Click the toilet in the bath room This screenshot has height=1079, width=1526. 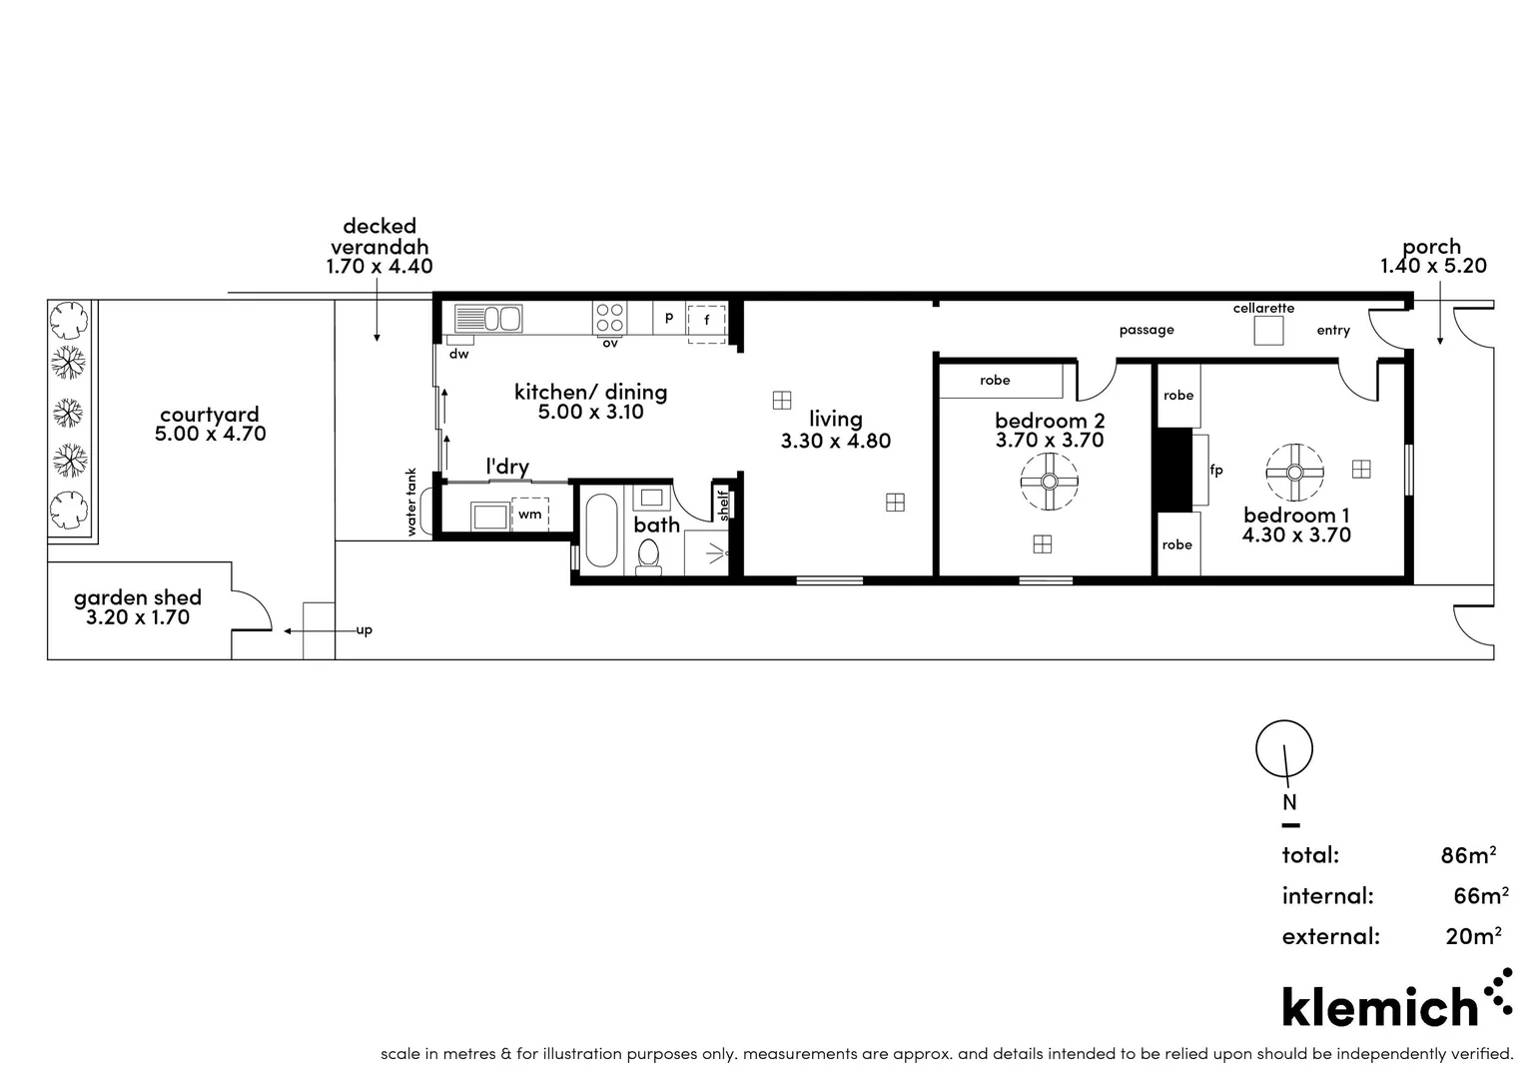tap(649, 555)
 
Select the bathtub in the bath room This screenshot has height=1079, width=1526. tap(601, 530)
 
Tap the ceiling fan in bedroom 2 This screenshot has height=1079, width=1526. tap(1049, 482)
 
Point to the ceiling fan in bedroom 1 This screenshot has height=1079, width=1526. tap(1294, 473)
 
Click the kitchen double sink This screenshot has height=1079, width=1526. tap(488, 319)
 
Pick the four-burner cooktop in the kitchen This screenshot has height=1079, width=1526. tap(610, 319)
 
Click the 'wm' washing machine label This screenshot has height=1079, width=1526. tap(529, 515)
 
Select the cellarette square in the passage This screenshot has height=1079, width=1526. tap(1268, 331)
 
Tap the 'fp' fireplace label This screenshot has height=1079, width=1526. tap(1216, 470)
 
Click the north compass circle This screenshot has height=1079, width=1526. tap(1284, 749)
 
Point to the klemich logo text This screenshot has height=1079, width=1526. tap(1379, 1006)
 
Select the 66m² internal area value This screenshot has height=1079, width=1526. tap(1480, 896)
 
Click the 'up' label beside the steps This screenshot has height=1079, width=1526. tap(365, 630)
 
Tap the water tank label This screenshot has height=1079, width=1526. tap(410, 504)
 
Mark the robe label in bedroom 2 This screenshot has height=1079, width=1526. tap(995, 381)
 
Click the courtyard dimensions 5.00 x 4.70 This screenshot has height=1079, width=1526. tap(210, 435)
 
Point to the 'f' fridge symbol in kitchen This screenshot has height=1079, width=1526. tap(707, 321)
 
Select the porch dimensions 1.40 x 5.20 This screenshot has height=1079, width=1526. tap(1433, 266)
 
